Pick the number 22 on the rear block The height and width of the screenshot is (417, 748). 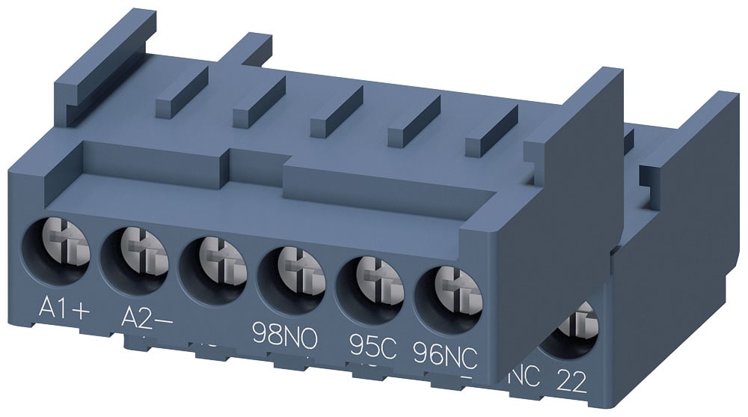pyautogui.click(x=573, y=385)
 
